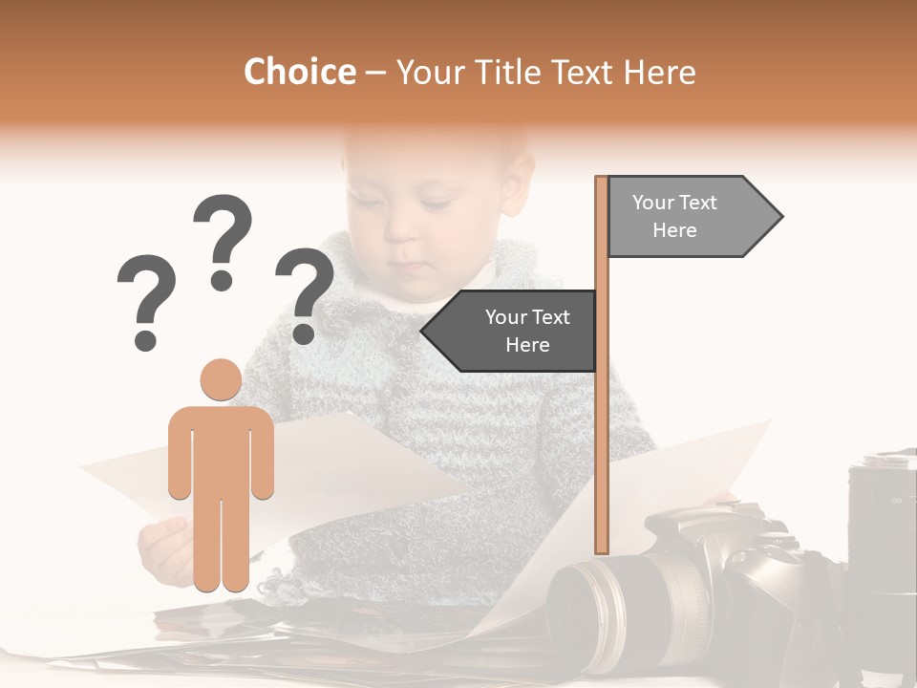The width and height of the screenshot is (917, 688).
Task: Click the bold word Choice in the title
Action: click(299, 73)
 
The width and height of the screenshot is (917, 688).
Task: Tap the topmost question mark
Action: click(223, 239)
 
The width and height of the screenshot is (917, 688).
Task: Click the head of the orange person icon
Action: click(221, 379)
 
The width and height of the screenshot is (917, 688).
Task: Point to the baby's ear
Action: click(519, 182)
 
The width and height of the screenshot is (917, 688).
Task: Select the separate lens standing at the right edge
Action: click(882, 535)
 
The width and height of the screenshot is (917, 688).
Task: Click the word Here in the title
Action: click(661, 73)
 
